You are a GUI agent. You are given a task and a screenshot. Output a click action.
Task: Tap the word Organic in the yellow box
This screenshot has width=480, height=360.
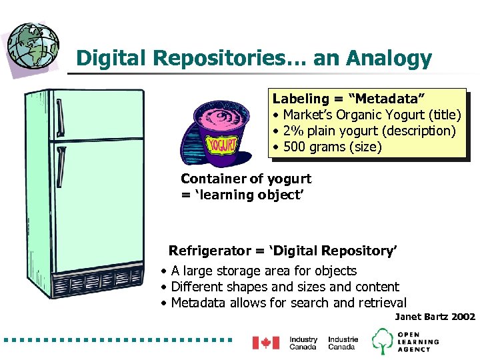coord(358,115)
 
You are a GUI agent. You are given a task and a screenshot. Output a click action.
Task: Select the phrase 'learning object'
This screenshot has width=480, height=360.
coord(227,195)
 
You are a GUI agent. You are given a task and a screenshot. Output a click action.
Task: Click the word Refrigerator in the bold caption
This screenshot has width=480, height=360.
coord(209,251)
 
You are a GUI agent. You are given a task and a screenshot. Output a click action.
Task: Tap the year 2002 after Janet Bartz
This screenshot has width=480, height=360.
coord(463,317)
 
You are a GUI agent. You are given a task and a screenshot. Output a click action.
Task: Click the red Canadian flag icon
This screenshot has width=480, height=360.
coord(265,343)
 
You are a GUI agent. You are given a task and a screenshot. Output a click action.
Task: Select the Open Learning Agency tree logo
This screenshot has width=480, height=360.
coord(383,341)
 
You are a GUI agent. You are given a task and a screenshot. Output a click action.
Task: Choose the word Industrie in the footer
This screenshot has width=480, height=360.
coord(343,339)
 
